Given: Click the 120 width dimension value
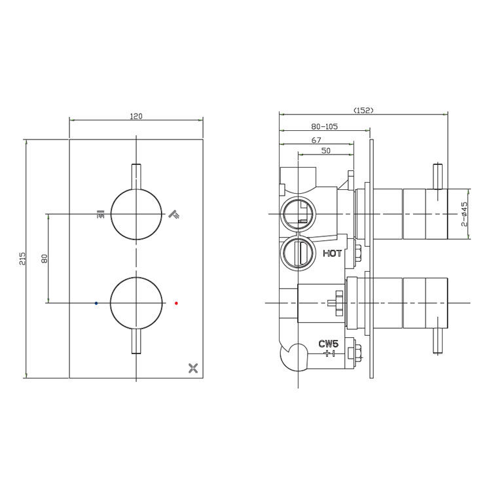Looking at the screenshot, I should (x=136, y=116).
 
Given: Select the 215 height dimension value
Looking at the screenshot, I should (x=22, y=258).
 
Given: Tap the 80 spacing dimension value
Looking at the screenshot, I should (x=45, y=258).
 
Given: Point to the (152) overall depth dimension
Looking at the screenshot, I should (x=363, y=110).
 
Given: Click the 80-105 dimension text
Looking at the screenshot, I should (x=325, y=127).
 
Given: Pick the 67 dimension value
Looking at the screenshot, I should (x=316, y=139).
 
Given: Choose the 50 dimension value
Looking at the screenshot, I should (x=325, y=151).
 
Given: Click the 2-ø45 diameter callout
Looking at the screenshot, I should (x=464, y=214).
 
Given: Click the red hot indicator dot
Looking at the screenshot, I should (x=176, y=303).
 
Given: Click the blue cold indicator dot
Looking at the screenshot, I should (x=96, y=303).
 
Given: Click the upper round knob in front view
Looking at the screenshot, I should (x=136, y=213).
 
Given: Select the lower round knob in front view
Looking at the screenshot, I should (x=136, y=302).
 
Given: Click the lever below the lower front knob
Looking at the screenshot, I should (x=136, y=341).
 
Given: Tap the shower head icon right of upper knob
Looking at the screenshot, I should (x=174, y=213).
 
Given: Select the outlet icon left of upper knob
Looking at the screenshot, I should (x=100, y=213).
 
